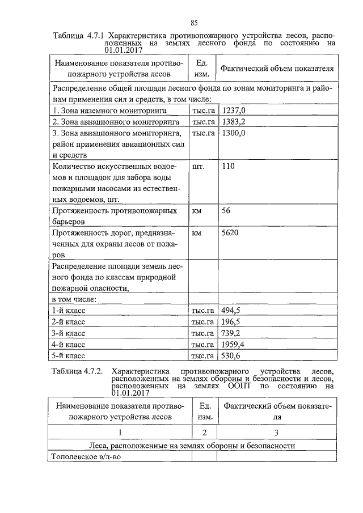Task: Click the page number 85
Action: click(x=193, y=23)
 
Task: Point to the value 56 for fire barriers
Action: click(x=227, y=211)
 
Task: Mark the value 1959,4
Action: click(x=235, y=344)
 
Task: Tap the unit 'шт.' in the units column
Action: click(x=199, y=167)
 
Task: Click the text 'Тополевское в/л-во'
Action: click(x=86, y=456)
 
